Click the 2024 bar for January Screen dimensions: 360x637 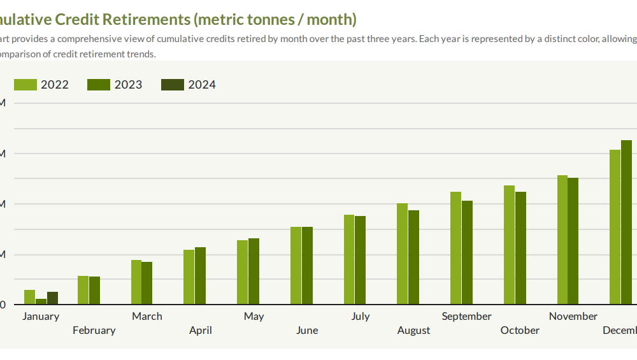[x=52, y=298]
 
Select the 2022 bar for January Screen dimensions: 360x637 [x=30, y=297]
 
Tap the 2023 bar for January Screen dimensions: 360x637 [x=41, y=301]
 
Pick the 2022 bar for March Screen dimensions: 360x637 [x=136, y=282]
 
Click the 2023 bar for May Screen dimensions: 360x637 [x=254, y=271]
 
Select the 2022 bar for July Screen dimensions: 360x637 [x=349, y=259]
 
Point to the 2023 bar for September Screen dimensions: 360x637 [x=467, y=252]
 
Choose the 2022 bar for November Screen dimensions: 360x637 [x=562, y=240]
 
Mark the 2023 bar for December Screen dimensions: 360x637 [x=626, y=222]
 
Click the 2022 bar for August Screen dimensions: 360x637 [x=402, y=254]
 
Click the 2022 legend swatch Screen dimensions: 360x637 [x=25, y=85]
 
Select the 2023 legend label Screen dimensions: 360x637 [x=128, y=85]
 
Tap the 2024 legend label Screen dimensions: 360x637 [x=202, y=85]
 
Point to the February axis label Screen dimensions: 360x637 [x=94, y=330]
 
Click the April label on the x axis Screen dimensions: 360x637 [x=201, y=330]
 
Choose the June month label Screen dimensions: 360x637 [x=307, y=330]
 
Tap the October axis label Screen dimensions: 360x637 [x=520, y=330]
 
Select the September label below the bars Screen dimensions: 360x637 [x=467, y=316]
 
